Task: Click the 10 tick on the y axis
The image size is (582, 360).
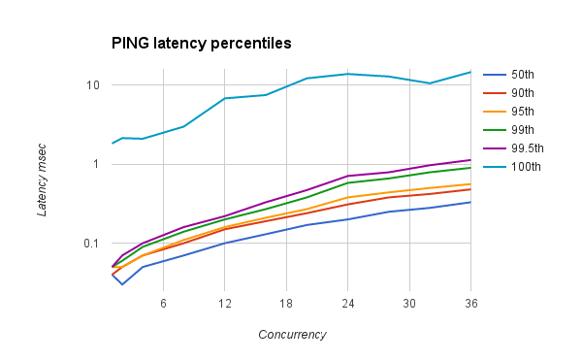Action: (x=93, y=84)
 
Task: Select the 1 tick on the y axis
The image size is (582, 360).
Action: (x=97, y=164)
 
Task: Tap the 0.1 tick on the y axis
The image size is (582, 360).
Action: (x=92, y=244)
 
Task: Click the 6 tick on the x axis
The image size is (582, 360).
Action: (x=163, y=304)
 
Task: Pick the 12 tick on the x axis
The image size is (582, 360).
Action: (x=224, y=304)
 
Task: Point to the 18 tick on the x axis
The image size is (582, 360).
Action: (x=286, y=304)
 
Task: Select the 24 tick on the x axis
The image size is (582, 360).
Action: (x=347, y=304)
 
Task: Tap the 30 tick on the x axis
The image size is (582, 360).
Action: (x=409, y=304)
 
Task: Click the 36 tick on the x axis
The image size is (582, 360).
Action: (x=470, y=304)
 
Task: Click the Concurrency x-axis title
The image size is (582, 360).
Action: (x=292, y=335)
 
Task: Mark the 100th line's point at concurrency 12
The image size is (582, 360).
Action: (x=225, y=98)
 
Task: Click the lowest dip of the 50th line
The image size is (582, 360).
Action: (x=122, y=284)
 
